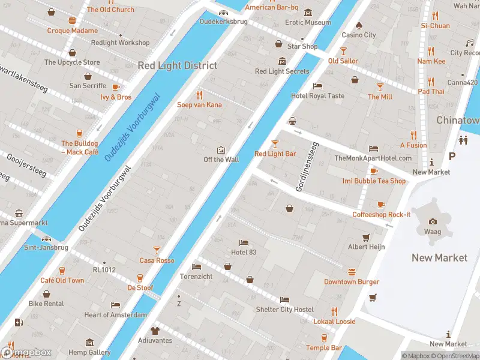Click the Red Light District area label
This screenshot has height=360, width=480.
(x=178, y=65)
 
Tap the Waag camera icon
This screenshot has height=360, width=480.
(x=433, y=221)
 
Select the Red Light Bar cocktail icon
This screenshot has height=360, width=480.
(x=275, y=144)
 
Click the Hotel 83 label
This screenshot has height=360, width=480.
(x=244, y=252)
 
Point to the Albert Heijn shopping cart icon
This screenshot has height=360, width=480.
(x=365, y=237)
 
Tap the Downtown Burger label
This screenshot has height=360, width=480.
(x=352, y=281)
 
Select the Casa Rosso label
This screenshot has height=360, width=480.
(x=157, y=260)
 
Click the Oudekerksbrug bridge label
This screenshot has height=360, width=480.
(x=223, y=22)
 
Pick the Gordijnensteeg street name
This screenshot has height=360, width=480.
(x=305, y=167)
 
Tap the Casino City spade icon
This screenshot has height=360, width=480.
(x=359, y=25)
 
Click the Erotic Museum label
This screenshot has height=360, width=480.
(x=308, y=23)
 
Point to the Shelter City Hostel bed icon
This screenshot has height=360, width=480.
(x=284, y=299)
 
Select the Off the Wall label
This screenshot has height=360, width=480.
(x=221, y=160)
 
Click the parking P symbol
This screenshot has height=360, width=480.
(x=452, y=156)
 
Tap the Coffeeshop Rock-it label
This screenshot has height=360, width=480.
(x=381, y=215)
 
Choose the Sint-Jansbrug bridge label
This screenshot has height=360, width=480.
(x=46, y=247)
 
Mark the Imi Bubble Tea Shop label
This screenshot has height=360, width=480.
(x=374, y=181)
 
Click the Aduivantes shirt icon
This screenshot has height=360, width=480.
(x=155, y=331)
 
